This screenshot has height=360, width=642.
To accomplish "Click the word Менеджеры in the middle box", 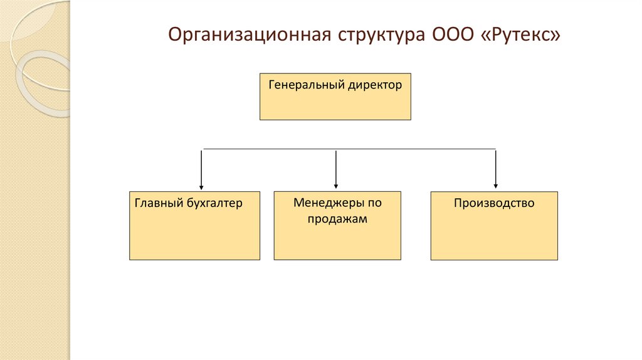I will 324,203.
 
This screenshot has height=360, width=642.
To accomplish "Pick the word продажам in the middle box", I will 337,220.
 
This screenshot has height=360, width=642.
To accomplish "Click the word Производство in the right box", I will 494,203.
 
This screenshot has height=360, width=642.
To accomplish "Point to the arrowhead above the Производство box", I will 496,186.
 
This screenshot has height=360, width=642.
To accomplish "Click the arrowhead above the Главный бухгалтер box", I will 201,186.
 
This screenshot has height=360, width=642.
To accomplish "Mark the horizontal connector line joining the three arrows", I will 270,149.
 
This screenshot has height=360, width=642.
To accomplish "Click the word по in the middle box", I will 374,203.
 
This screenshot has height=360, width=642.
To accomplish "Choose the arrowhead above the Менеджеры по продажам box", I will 337,186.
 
